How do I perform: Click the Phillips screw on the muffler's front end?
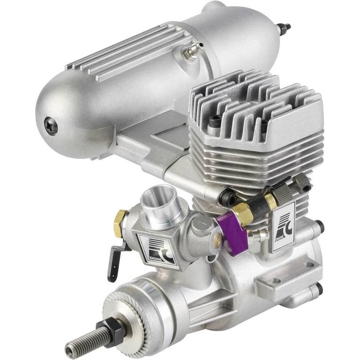(x=51, y=126)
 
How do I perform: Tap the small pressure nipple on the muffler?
(x=193, y=51)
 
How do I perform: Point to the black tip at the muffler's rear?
(x=283, y=27)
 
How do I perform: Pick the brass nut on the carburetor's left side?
(x=120, y=223)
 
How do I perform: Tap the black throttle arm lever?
(x=114, y=261)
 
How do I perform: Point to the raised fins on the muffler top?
(x=128, y=51)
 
